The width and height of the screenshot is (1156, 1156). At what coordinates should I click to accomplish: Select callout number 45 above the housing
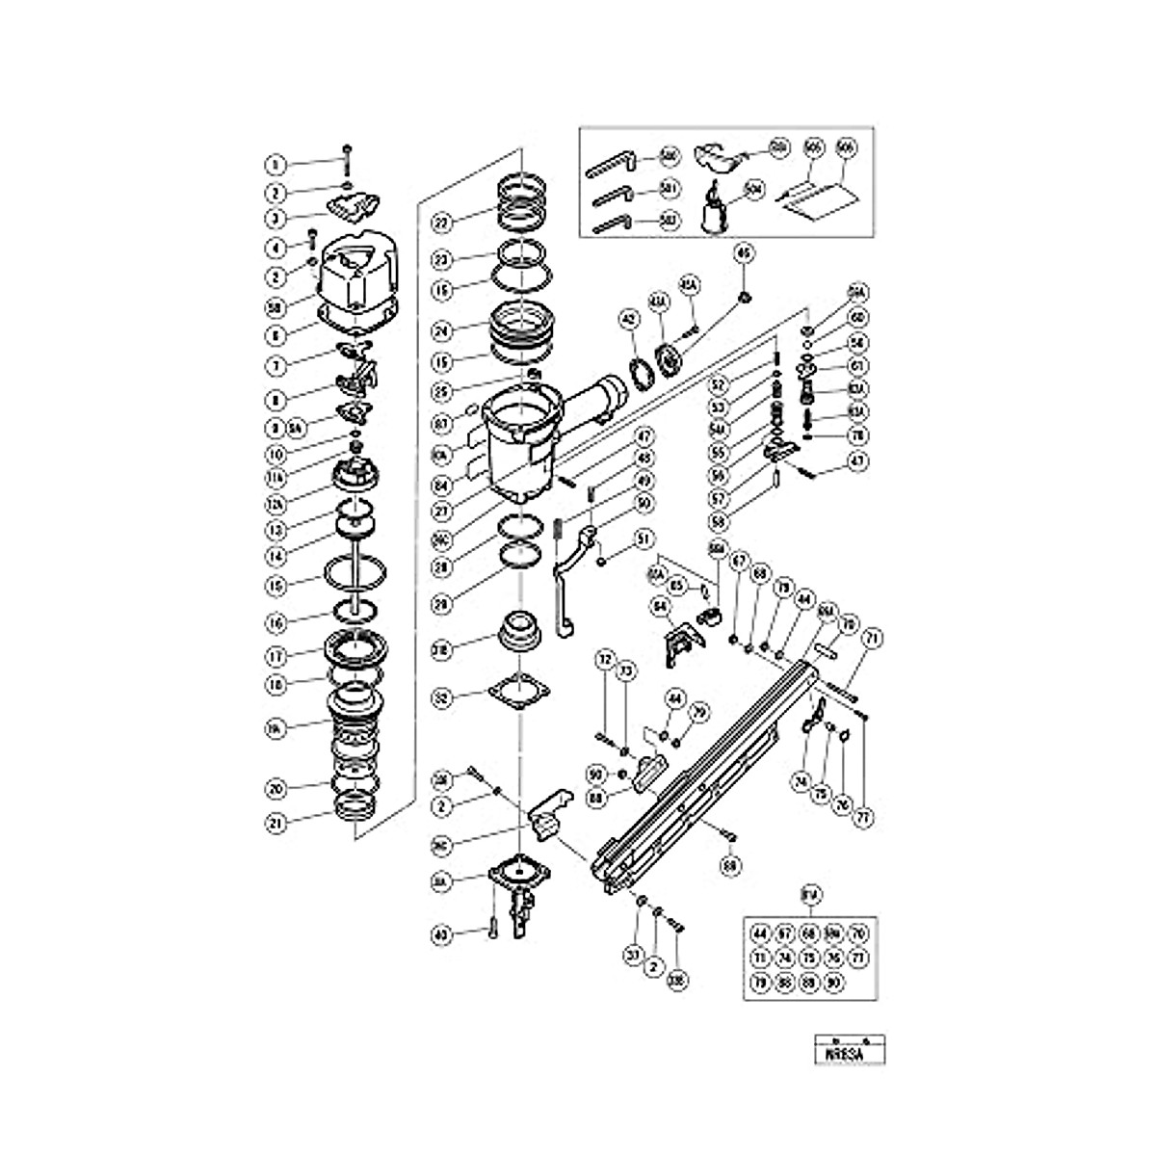point(743,253)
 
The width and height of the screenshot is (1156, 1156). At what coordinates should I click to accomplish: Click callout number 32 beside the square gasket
point(441,696)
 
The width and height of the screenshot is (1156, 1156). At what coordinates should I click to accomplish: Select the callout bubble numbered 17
point(276,654)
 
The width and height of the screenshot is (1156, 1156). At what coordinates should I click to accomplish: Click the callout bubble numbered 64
point(661,606)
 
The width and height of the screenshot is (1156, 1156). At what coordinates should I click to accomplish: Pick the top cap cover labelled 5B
point(356,276)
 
